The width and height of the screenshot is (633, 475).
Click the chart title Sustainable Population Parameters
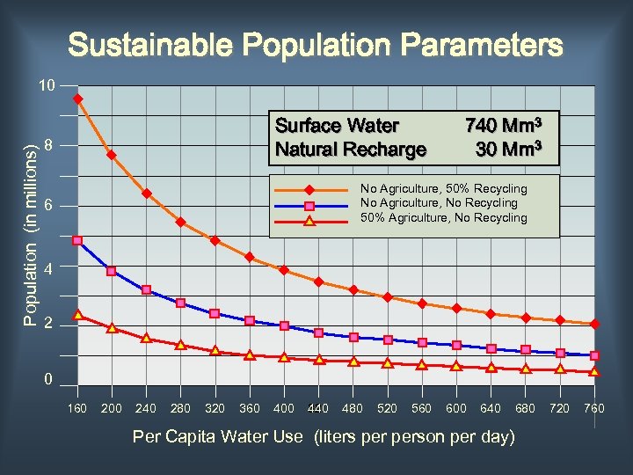click(316, 45)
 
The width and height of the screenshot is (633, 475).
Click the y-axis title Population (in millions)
click(30, 235)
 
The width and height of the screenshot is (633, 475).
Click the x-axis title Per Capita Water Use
click(323, 436)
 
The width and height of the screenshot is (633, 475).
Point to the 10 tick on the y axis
click(47, 86)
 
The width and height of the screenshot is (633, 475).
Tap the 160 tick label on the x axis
click(77, 408)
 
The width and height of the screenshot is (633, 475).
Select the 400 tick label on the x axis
click(284, 408)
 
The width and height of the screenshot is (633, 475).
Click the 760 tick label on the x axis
click(594, 408)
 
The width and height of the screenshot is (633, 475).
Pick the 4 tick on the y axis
click(50, 267)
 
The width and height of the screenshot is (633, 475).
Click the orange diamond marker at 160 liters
click(77, 99)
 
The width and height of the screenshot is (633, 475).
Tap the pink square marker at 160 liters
click(77, 240)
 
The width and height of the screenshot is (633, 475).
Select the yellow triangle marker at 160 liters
click(77, 314)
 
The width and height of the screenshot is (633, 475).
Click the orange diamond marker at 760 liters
click(594, 324)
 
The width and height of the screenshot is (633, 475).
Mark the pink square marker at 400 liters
click(284, 325)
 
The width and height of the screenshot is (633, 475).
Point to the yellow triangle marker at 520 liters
click(388, 362)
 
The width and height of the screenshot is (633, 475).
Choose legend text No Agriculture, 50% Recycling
click(443, 188)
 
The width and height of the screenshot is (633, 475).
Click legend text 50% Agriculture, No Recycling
click(443, 217)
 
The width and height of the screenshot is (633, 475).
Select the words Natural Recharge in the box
click(351, 149)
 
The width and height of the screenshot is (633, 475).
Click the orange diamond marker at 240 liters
click(146, 194)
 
